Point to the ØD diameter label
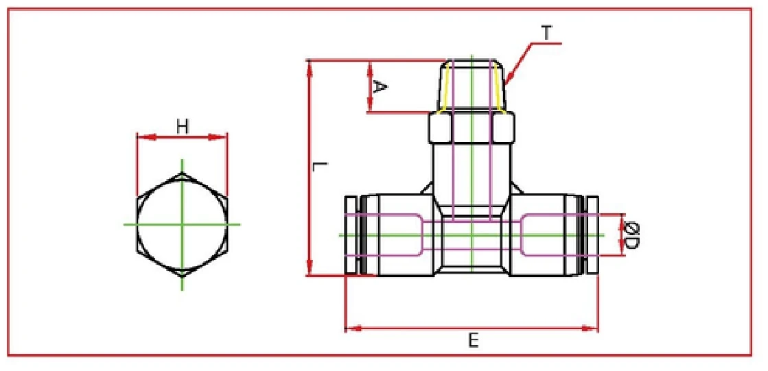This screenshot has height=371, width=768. [632, 235]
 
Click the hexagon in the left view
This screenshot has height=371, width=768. [182, 224]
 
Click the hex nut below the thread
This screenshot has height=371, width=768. [472, 127]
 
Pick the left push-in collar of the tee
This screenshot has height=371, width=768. [351, 235]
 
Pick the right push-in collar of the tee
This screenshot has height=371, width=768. [592, 235]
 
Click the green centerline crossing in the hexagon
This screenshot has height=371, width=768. [182, 224]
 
